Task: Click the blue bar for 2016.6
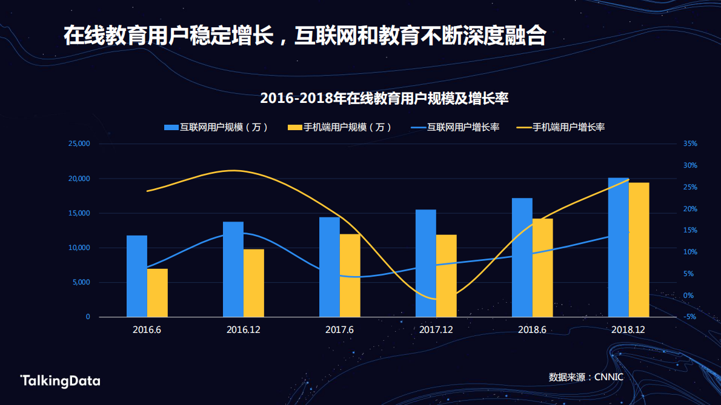[x=137, y=276]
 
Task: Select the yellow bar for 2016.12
[x=254, y=283]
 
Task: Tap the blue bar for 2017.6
[x=330, y=267]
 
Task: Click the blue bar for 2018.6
[x=522, y=257]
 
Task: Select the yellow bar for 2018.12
[x=639, y=249]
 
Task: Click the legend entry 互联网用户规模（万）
[x=216, y=127]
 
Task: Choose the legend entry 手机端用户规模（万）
[x=339, y=127]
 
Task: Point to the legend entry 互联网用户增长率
[x=455, y=127]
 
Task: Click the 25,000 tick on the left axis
[x=78, y=144]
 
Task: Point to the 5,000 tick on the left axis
[x=80, y=282]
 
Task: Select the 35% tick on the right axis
[x=690, y=144]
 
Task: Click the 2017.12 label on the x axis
[x=436, y=330]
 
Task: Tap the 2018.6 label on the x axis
[x=532, y=330]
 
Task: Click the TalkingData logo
[x=60, y=381]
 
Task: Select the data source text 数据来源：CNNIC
[x=585, y=377]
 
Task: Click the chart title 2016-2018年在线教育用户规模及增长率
[x=384, y=99]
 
